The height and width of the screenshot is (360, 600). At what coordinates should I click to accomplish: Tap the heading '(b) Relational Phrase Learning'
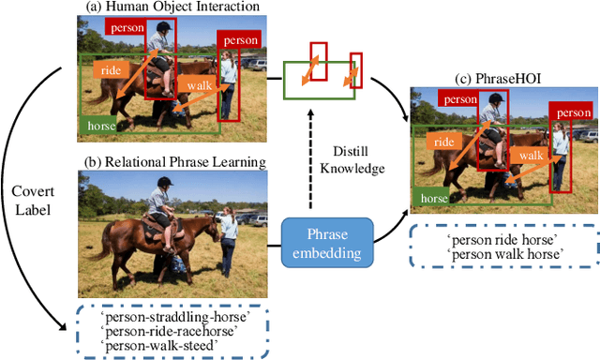[x=174, y=162]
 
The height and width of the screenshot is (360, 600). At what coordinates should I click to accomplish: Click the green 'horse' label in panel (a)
[x=101, y=125]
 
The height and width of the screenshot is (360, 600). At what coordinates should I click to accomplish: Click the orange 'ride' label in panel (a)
[x=110, y=68]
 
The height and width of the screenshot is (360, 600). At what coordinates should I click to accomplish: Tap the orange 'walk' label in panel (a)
[x=200, y=85]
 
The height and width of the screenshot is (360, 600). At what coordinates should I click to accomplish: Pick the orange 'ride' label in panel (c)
[x=446, y=141]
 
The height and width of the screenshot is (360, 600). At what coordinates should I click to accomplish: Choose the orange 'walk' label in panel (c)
[x=531, y=155]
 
